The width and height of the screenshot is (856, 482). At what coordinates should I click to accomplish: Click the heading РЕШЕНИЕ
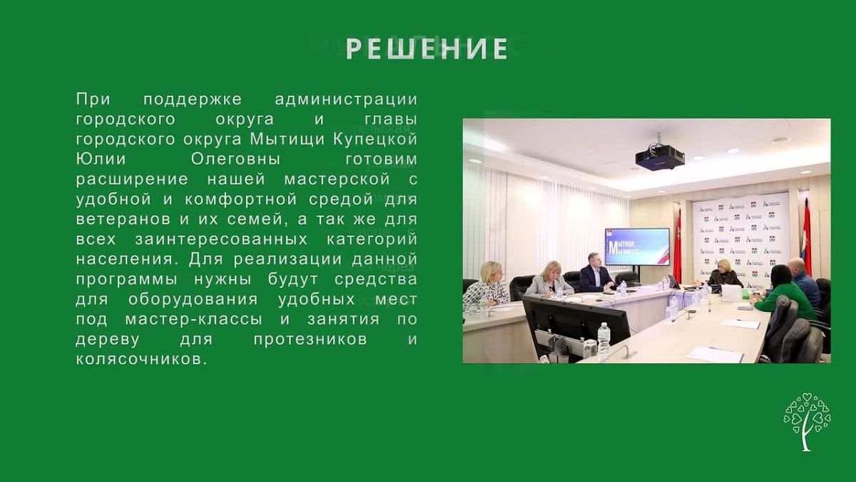pyautogui.click(x=427, y=49)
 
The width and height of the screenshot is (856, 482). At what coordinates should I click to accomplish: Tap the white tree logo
pyautogui.click(x=807, y=421)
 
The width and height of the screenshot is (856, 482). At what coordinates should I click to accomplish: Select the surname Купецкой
pyautogui.click(x=375, y=139)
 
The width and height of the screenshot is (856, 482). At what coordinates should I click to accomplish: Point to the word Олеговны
pyautogui.click(x=235, y=159)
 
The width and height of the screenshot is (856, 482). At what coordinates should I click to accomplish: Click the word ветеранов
pyautogui.click(x=123, y=219)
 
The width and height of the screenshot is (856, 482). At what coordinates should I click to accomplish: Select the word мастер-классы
pyautogui.click(x=194, y=319)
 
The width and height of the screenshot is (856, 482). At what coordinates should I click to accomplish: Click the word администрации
pyautogui.click(x=346, y=100)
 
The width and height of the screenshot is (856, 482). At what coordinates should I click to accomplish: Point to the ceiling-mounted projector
pyautogui.click(x=660, y=156)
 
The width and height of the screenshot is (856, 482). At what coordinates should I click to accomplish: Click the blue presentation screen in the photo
pyautogui.click(x=637, y=247)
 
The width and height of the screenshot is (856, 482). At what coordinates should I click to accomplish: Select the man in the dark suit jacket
pyautogui.click(x=596, y=273)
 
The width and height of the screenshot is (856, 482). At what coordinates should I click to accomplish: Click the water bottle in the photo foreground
pyautogui.click(x=603, y=341)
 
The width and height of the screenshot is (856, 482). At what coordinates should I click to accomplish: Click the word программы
pyautogui.click(x=126, y=280)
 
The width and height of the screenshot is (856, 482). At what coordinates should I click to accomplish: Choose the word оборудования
pyautogui.click(x=193, y=299)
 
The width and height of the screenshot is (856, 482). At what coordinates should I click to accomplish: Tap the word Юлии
pyautogui.click(x=101, y=159)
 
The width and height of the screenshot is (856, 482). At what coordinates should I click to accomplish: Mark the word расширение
pyautogui.click(x=132, y=179)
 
